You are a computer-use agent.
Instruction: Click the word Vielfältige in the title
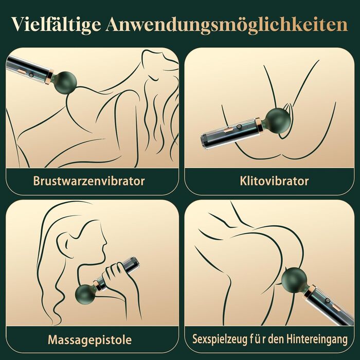tap(56, 25)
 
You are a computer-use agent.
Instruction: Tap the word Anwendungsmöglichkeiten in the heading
tap(227, 25)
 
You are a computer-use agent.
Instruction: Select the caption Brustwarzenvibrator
tap(89, 181)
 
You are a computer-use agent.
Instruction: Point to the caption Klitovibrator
tap(274, 181)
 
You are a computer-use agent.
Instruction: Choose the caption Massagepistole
tap(90, 340)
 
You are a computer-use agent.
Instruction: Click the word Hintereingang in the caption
tap(317, 339)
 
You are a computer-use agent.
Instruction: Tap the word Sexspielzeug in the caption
tap(219, 339)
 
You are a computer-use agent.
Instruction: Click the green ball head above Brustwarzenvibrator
tap(64, 82)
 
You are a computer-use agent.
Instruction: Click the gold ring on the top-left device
tap(50, 76)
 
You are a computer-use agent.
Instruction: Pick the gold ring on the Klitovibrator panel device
tap(259, 125)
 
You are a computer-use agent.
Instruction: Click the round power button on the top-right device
tap(239, 127)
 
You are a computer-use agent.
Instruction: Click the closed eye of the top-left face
tap(153, 78)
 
